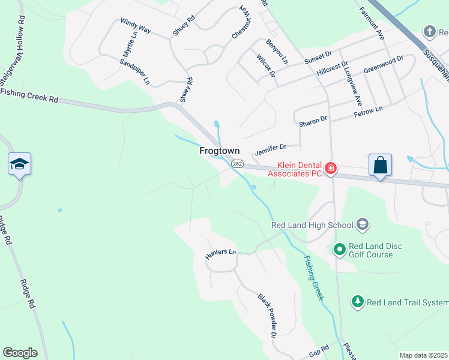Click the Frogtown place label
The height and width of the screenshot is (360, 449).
pos(220,151)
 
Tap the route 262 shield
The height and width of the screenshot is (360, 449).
pos(237,163)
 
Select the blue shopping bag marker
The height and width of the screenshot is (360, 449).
pos(381,165)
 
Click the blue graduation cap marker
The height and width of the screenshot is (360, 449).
pos(19,164)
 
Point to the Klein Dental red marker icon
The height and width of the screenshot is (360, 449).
pos(330,169)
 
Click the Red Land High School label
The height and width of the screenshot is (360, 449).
pos(312,225)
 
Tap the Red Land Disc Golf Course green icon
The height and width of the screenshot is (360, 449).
pos(339,248)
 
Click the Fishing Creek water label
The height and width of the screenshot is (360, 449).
pos(313,278)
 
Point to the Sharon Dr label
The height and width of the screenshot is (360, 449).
pos(313,121)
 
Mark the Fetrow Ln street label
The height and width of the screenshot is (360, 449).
pos(368,111)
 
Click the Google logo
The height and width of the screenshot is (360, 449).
pos(20,353)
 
